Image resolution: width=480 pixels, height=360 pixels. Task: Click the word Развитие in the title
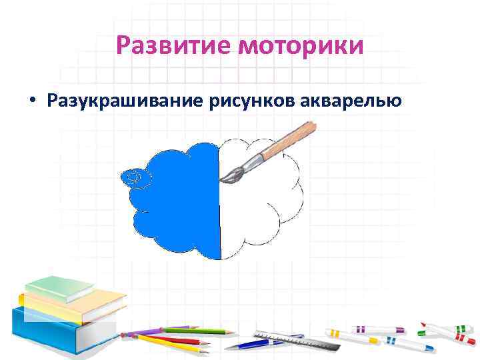tap(174, 46)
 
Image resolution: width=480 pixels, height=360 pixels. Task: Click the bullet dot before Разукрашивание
tap(31, 102)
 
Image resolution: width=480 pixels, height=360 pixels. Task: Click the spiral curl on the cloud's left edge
tap(134, 177)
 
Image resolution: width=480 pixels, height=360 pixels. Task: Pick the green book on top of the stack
tap(60, 287)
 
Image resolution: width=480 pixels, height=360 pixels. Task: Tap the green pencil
tap(193, 331)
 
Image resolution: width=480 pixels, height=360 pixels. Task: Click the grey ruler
tap(293, 340)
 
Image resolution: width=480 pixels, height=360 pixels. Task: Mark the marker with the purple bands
tap(373, 330)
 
